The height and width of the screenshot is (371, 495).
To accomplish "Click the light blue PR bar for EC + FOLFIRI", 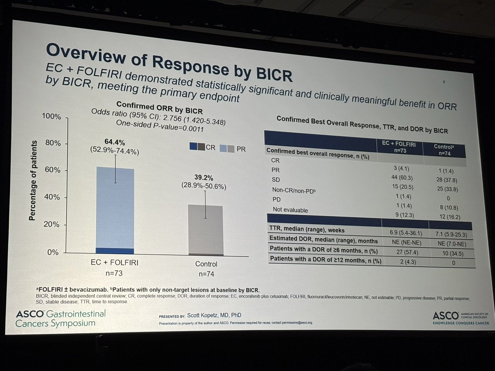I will (x=115, y=206).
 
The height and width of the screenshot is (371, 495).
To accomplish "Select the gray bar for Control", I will (x=205, y=229).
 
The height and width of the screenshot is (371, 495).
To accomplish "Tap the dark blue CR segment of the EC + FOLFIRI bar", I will (x=115, y=251).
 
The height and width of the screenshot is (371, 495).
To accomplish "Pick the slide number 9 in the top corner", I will (x=443, y=82).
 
